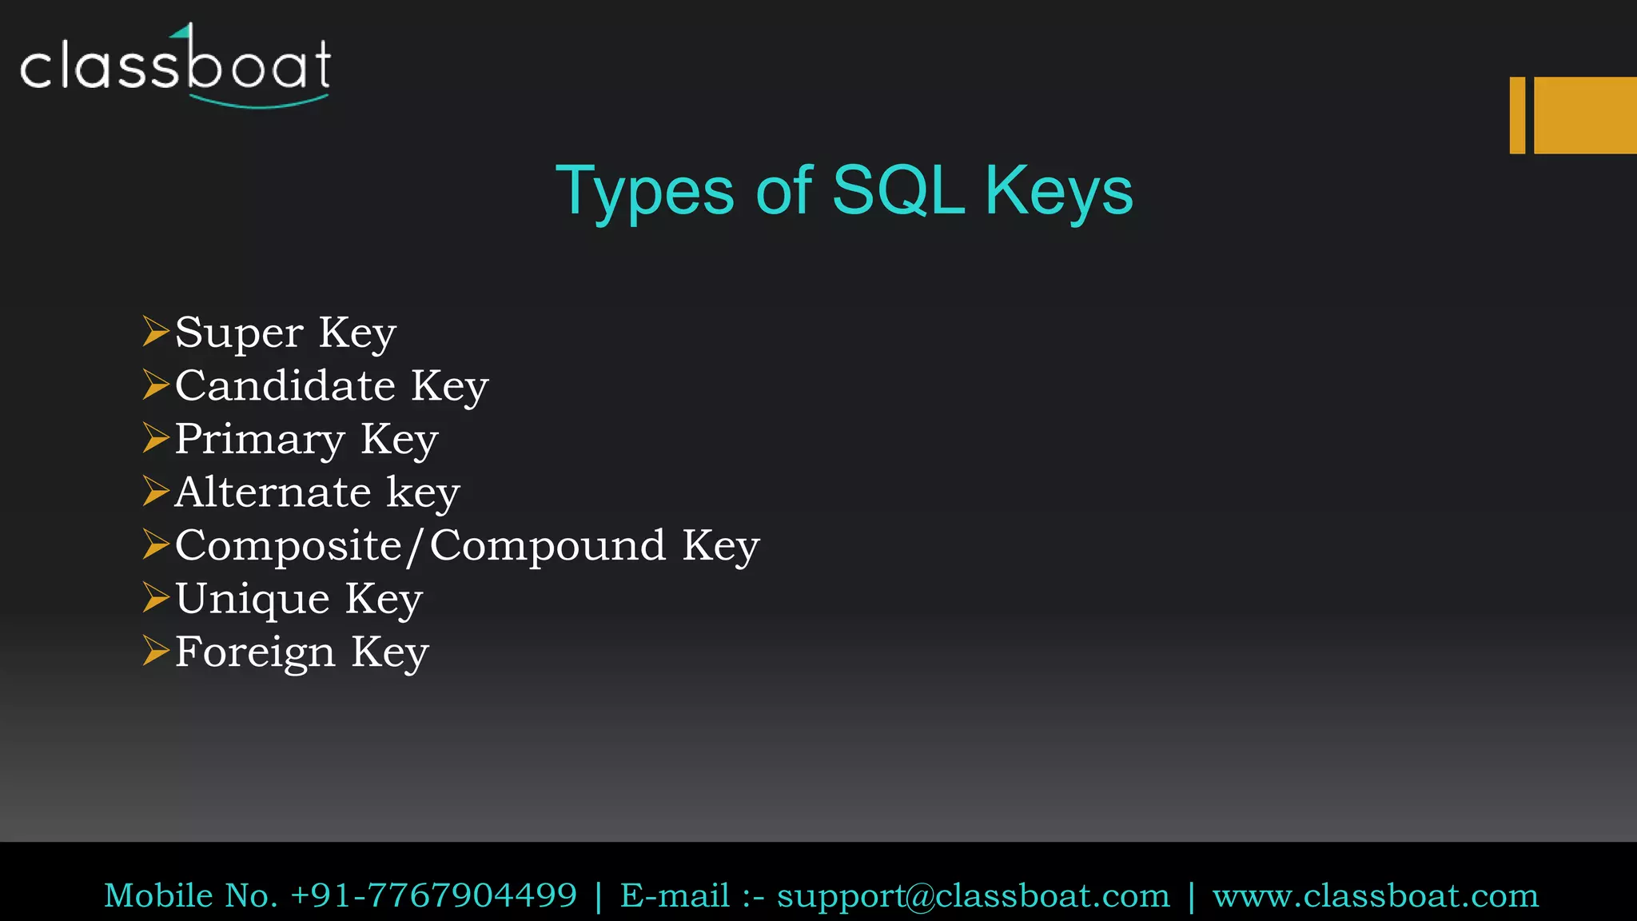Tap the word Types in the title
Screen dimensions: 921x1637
tap(644, 192)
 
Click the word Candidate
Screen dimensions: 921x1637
tap(285, 385)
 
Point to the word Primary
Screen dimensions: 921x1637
tap(260, 439)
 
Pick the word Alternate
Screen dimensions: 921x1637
tap(273, 492)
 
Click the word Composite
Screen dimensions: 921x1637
tap(289, 546)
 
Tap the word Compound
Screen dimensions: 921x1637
tap(548, 545)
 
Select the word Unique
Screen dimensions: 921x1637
tap(253, 599)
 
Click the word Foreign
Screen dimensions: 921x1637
tap(255, 652)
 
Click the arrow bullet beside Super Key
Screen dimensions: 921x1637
tap(156, 331)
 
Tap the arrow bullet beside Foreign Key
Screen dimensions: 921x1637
tap(156, 650)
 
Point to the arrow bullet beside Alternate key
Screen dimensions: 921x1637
tap(156, 491)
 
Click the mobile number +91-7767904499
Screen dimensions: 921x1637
tap(433, 895)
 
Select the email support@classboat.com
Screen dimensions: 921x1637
tap(973, 896)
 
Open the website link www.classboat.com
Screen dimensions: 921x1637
tap(1375, 895)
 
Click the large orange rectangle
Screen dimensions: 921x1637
tap(1585, 115)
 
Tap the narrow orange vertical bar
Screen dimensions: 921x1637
tap(1517, 115)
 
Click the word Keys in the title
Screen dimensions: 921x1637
tap(1058, 192)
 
